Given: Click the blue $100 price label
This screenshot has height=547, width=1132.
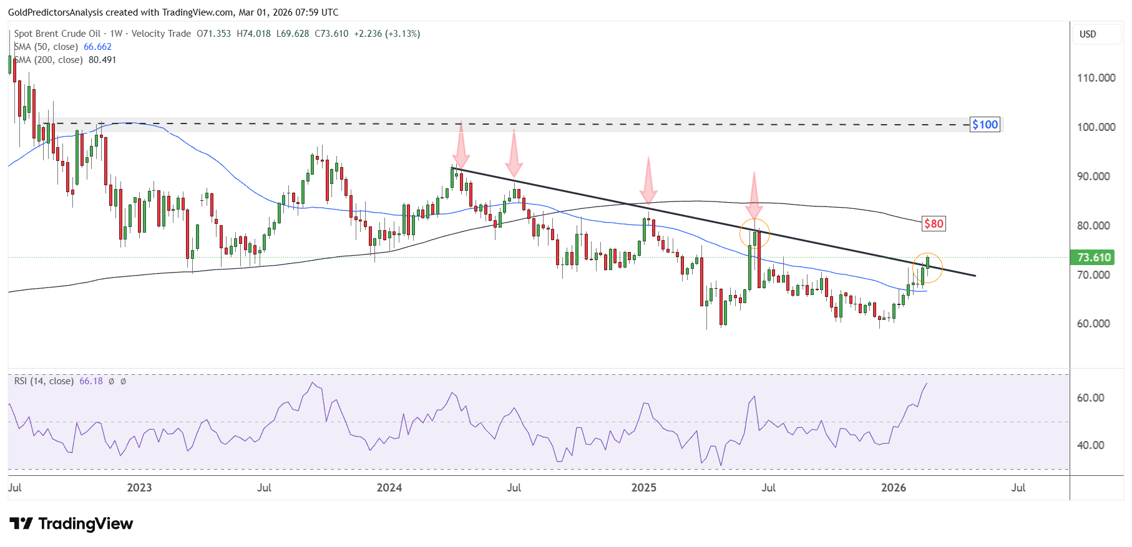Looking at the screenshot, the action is pyautogui.click(x=985, y=125).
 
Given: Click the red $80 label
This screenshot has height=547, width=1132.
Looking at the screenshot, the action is pyautogui.click(x=934, y=223).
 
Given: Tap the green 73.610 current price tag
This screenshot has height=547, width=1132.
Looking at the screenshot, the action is pyautogui.click(x=1094, y=258).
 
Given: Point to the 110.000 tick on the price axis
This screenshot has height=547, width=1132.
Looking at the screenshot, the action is pyautogui.click(x=1096, y=78).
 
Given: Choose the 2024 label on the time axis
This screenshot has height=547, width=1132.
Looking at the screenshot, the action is pyautogui.click(x=389, y=488).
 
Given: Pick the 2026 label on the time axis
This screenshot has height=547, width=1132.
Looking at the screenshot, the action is pyautogui.click(x=894, y=488).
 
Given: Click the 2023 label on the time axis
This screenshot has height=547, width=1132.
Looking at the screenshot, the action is pyautogui.click(x=139, y=488).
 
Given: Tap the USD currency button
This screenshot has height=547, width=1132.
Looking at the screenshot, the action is pyautogui.click(x=1088, y=34).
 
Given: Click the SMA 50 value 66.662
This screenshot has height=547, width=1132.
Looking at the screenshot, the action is pyautogui.click(x=97, y=47).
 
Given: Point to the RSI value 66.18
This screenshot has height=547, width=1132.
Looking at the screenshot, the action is pyautogui.click(x=91, y=381).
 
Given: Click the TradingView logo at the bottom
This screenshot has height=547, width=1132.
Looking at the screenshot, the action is pyautogui.click(x=71, y=523).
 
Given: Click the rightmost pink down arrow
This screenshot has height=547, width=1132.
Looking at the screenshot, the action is pyautogui.click(x=754, y=195).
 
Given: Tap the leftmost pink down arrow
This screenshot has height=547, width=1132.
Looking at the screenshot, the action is pyautogui.click(x=461, y=143).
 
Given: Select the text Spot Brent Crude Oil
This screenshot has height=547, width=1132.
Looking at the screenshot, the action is pyautogui.click(x=57, y=34).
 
